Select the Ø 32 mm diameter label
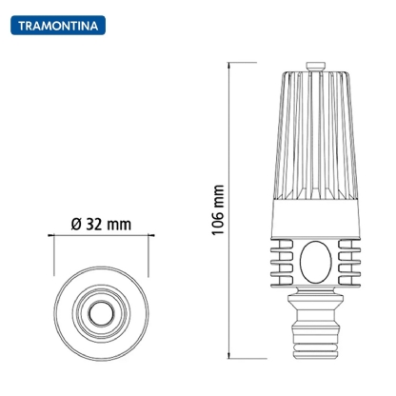pos(101,225)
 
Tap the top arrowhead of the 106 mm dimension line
pos(231,65)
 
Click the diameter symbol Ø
pos(76,225)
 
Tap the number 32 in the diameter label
pos(94,225)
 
